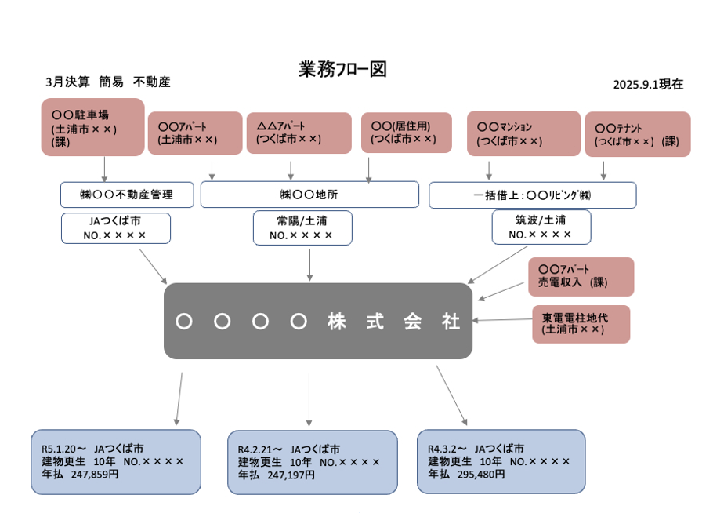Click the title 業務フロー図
click(x=342, y=69)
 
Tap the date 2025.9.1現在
click(x=648, y=84)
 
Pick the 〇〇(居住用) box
click(x=407, y=132)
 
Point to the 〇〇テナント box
click(x=637, y=133)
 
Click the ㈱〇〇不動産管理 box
click(x=127, y=195)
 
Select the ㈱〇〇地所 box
click(x=310, y=195)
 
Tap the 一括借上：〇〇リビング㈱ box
click(x=532, y=195)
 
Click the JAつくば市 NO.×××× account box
click(x=115, y=227)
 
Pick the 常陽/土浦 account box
click(x=302, y=227)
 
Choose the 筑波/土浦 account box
click(x=541, y=227)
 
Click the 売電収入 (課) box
click(x=581, y=275)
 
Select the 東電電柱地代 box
click(x=581, y=323)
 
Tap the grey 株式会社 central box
click(x=318, y=321)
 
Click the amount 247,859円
click(x=95, y=474)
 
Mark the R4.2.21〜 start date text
click(x=260, y=449)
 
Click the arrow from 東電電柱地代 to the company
click(x=501, y=320)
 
